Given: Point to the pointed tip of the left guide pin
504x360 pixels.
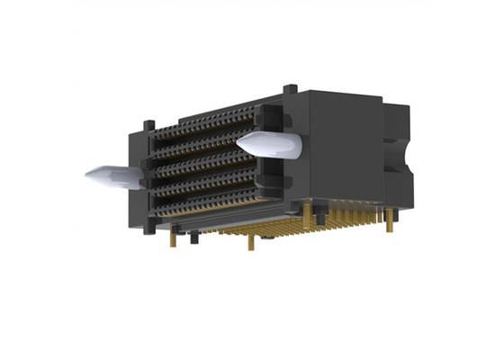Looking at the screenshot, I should click(87, 175).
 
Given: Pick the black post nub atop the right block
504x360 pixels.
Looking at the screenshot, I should click(289, 88).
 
